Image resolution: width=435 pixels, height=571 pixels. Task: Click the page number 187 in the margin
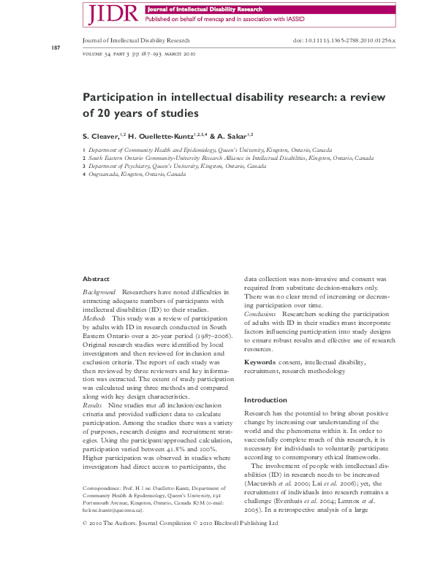[56, 48]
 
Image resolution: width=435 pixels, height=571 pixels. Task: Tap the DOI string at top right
[344, 41]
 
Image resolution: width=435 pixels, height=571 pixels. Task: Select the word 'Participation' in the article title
[119, 98]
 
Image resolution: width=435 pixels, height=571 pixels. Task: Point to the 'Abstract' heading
[96, 279]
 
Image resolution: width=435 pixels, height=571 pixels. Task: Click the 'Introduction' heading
[265, 400]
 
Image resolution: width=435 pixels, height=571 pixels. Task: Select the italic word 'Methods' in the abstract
[94, 319]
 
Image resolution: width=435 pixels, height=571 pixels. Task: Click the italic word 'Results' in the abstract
[93, 404]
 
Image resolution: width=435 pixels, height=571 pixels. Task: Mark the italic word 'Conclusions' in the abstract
[260, 313]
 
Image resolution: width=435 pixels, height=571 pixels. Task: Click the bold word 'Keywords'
[260, 361]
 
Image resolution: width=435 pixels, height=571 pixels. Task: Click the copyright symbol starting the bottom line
[86, 524]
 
